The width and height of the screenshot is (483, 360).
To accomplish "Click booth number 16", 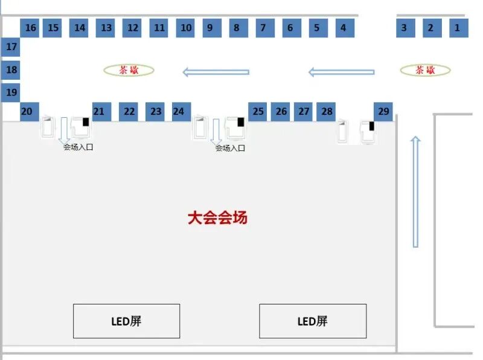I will (x=30, y=28).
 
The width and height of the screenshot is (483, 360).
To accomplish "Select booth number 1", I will (x=458, y=28).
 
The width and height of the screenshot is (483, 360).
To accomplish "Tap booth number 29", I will (x=383, y=111).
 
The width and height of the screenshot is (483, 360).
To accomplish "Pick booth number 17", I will (x=11, y=47).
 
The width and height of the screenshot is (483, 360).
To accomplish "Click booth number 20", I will (x=28, y=111).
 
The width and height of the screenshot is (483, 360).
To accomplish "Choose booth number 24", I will (x=179, y=111).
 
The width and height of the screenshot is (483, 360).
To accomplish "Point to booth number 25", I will (x=258, y=111).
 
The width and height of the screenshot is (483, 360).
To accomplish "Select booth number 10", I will (x=186, y=28).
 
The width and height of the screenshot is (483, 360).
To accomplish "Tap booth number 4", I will (x=344, y=28).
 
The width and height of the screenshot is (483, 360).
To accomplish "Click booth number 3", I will (x=405, y=28).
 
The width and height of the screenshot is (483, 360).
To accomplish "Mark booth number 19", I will (x=11, y=92).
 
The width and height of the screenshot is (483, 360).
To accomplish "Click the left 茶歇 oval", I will (x=129, y=71).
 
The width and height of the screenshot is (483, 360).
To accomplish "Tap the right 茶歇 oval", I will (x=426, y=71).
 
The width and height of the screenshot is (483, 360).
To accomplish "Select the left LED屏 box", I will (x=126, y=321).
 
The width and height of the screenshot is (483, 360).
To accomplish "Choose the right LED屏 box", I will (x=313, y=321).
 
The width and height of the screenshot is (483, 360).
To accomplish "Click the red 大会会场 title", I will (x=217, y=218).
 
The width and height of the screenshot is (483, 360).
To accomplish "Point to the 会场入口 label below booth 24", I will (x=230, y=148).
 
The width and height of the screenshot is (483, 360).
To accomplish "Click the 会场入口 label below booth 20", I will (x=78, y=147).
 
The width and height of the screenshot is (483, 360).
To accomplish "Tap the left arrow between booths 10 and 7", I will (x=216, y=72).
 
